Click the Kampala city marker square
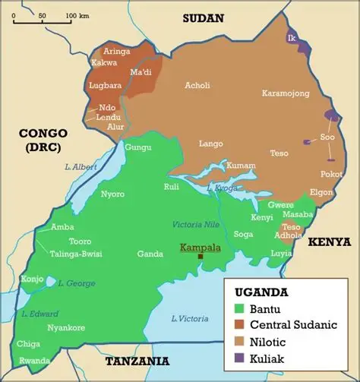pos(201,257)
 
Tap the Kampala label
pos(200,248)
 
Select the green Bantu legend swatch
pos(238,309)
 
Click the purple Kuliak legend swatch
pos(238,355)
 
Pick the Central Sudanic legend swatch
pos(238,324)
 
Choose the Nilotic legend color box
pos(238,340)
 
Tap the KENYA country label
pos(330,242)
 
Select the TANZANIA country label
pos(137,361)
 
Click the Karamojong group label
pos(286,93)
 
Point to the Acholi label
pos(198,85)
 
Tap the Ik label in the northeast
pos(291,37)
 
